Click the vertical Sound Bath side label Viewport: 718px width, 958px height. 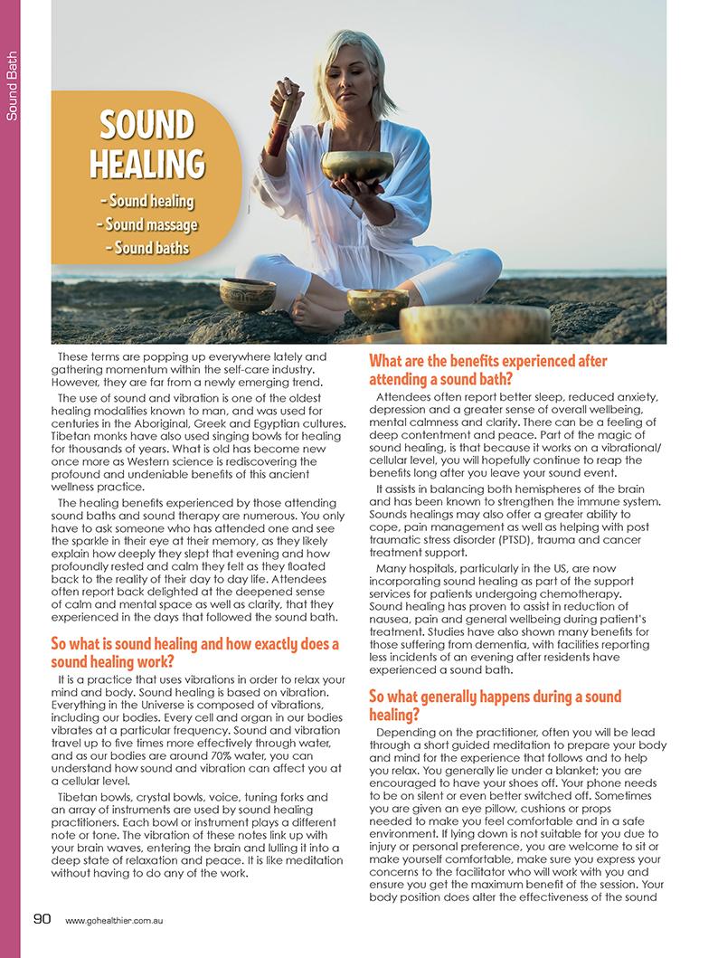(x=12, y=90)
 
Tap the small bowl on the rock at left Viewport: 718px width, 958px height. (x=248, y=293)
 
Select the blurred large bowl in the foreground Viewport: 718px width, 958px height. (x=475, y=324)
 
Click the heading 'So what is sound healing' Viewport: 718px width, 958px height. (x=194, y=652)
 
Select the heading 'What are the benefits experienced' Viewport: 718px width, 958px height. (x=488, y=370)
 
